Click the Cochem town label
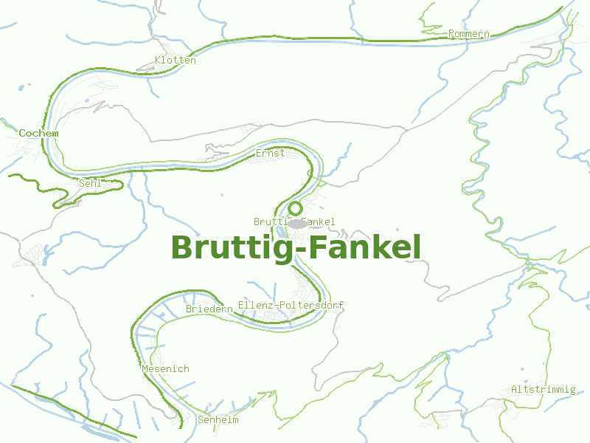pyautogui.click(x=38, y=133)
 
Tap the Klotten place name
pyautogui.click(x=176, y=61)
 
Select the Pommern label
pyautogui.click(x=468, y=34)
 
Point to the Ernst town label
pyautogui.click(x=270, y=154)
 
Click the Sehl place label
pyautogui.click(x=89, y=182)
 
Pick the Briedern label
pyautogui.click(x=209, y=309)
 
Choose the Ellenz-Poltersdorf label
pyautogui.click(x=291, y=306)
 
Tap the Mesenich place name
pyautogui.click(x=164, y=368)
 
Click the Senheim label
pyautogui.click(x=218, y=419)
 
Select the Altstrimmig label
pyautogui.click(x=543, y=389)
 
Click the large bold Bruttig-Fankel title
pyautogui.click(x=296, y=247)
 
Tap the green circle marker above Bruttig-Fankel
pyautogui.click(x=295, y=208)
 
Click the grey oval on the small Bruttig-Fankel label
pyautogui.click(x=296, y=223)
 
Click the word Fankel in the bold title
pyautogui.click(x=364, y=247)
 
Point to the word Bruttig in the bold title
pyautogui.click(x=229, y=247)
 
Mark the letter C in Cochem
pyautogui.click(x=22, y=133)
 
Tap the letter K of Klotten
pyautogui.click(x=158, y=61)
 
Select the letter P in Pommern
pyautogui.click(x=451, y=34)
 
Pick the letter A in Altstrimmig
pyautogui.click(x=514, y=389)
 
